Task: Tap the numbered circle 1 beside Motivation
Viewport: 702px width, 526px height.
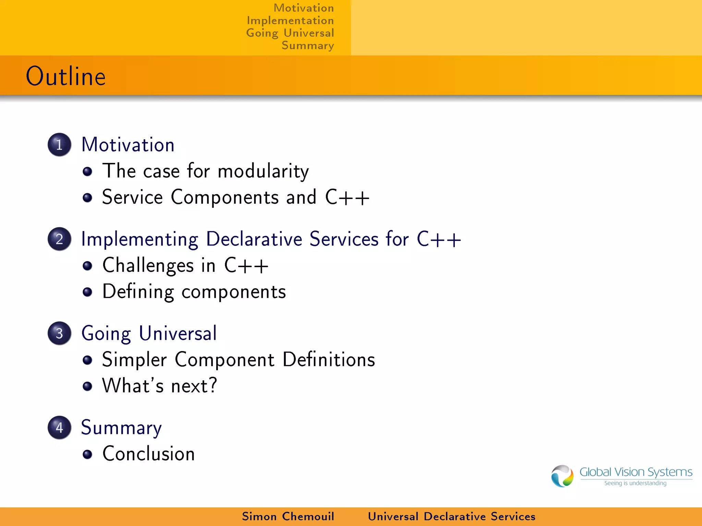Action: [x=59, y=145]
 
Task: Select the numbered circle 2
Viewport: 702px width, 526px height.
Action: [x=59, y=239]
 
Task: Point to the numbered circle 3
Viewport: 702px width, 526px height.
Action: [x=59, y=333]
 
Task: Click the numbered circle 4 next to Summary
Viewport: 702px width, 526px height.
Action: [x=59, y=427]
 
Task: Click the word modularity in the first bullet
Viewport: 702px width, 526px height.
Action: [x=263, y=171]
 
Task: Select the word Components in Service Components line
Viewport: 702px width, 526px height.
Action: [x=225, y=198]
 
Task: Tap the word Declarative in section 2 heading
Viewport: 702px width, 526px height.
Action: [x=254, y=239]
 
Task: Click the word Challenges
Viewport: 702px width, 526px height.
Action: [x=148, y=266]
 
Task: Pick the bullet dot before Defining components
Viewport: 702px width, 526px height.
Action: [x=87, y=292]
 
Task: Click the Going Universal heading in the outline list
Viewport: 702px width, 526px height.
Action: [x=149, y=333]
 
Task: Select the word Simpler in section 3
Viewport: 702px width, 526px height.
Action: [x=134, y=360]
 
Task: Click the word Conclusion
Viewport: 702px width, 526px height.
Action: [x=148, y=454]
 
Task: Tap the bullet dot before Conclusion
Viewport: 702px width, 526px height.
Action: [x=87, y=454]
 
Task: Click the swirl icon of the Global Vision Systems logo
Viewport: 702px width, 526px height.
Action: [x=562, y=476]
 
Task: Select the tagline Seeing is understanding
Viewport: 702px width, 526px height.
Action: [x=635, y=483]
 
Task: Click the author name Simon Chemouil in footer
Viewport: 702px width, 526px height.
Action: [x=288, y=516]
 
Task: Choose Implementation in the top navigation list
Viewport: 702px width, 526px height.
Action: [x=290, y=21]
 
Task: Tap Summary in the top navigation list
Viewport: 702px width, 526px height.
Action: [x=307, y=46]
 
